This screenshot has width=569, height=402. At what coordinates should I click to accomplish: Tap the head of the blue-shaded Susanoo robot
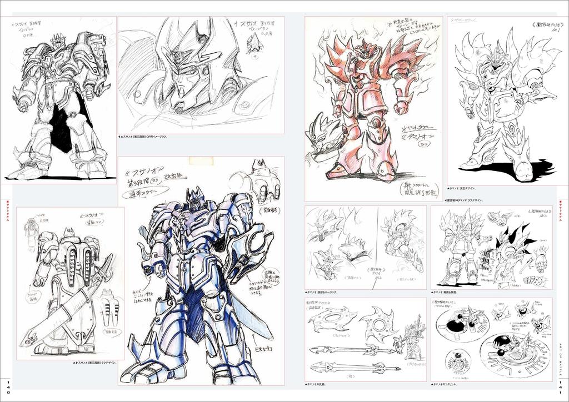tap(194, 199)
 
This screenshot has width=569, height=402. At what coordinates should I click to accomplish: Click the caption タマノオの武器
tap(321, 384)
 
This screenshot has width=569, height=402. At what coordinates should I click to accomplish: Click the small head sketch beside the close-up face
tap(254, 43)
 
